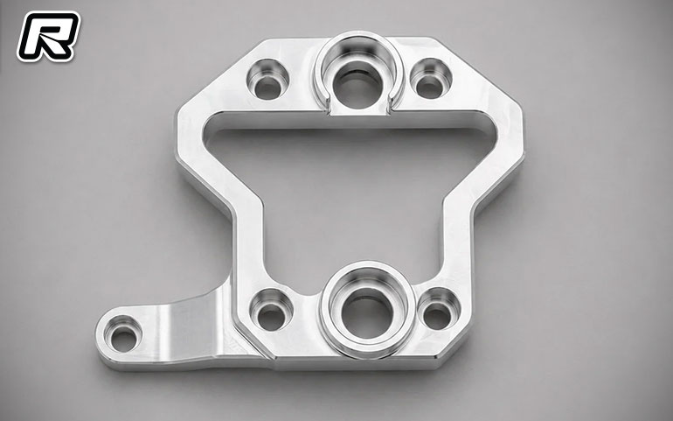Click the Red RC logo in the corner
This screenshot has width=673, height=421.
pyautogui.click(x=48, y=36)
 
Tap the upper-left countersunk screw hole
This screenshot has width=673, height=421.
pyautogui.click(x=267, y=80)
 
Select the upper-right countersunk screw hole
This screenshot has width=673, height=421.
pyautogui.click(x=431, y=79)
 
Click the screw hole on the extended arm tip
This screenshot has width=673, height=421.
pyautogui.click(x=122, y=335)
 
